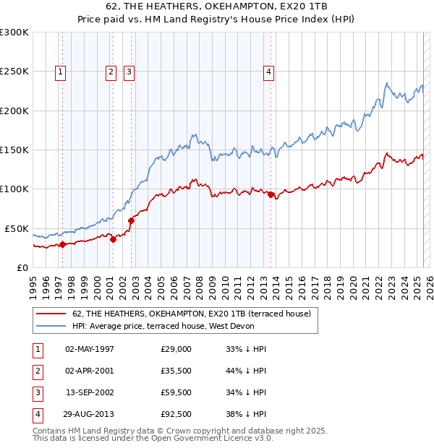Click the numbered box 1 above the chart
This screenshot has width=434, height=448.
(x=60, y=72)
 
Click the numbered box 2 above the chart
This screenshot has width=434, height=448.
(x=111, y=72)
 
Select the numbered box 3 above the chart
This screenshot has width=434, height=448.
(x=128, y=72)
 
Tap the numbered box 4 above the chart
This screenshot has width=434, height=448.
(x=268, y=72)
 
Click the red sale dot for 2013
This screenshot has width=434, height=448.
(x=271, y=194)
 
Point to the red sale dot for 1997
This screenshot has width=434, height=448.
(x=63, y=244)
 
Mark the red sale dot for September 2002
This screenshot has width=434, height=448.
(x=132, y=220)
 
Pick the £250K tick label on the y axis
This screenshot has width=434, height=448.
(x=14, y=72)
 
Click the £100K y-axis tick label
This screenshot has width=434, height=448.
(x=14, y=189)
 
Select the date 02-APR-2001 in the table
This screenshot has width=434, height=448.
(x=89, y=370)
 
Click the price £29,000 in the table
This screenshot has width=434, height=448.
(x=176, y=348)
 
